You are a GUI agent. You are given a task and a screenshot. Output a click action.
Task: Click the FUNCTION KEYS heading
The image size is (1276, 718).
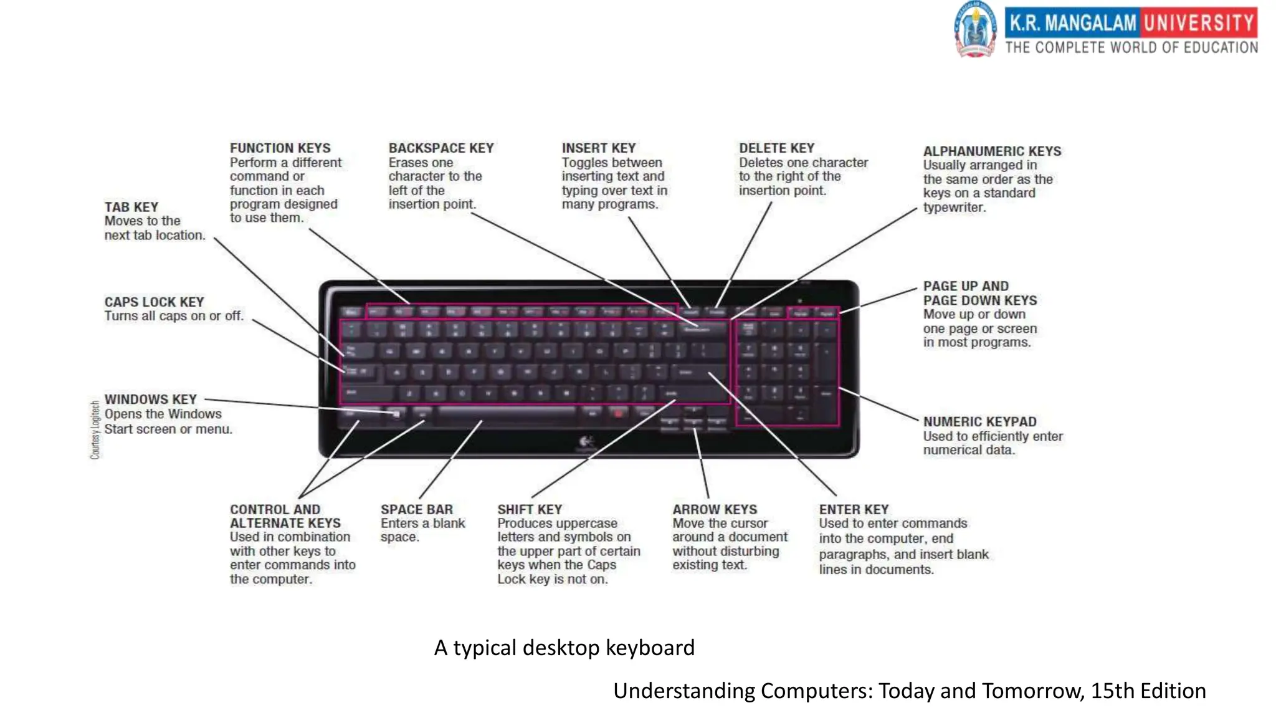[x=280, y=148]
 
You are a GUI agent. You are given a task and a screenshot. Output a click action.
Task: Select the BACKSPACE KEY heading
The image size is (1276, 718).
[x=440, y=148]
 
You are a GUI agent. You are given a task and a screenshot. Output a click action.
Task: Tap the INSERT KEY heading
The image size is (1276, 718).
[x=598, y=148]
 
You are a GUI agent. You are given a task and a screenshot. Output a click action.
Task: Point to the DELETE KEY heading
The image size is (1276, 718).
[x=776, y=148]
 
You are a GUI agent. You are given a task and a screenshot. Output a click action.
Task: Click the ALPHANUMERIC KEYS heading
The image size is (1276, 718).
[x=992, y=151]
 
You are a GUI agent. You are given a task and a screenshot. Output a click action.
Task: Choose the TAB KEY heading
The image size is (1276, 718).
[x=131, y=207]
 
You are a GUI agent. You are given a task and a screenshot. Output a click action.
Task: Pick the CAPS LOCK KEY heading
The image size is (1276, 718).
[x=154, y=302]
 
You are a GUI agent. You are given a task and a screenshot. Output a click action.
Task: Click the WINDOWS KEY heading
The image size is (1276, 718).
[x=150, y=400]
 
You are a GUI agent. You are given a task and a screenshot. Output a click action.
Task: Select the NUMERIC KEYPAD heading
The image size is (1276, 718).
[x=979, y=422]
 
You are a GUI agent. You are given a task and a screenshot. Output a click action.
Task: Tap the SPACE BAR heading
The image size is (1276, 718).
[x=416, y=510]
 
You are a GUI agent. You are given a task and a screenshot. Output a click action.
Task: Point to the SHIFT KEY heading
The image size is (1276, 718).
[x=529, y=510]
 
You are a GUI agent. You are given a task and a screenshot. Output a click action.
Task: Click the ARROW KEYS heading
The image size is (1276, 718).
[x=715, y=510]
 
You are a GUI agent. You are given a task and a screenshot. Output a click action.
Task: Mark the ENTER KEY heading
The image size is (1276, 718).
[x=854, y=510]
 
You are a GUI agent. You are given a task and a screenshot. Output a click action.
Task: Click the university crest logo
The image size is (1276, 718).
[x=975, y=30]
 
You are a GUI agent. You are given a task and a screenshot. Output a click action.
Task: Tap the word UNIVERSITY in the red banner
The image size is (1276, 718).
[x=1199, y=23]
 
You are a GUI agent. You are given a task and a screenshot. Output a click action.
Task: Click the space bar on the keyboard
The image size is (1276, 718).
[x=506, y=412]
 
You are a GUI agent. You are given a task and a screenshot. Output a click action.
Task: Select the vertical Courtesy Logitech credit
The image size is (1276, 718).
[x=95, y=430]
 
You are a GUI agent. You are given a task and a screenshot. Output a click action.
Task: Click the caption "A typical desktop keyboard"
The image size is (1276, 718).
[x=564, y=648]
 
